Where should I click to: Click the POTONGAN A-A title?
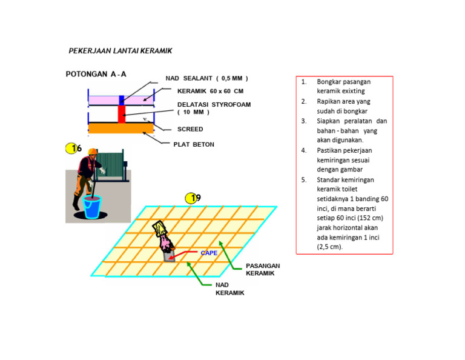pyautogui.click(x=96, y=74)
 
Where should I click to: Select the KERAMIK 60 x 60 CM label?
pyautogui.click(x=210, y=92)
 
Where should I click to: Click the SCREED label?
pyautogui.click(x=190, y=129)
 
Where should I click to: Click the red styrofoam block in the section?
pyautogui.click(x=122, y=113)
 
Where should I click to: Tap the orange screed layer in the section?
pyautogui.click(x=120, y=128)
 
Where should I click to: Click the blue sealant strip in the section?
pyautogui.click(x=122, y=99)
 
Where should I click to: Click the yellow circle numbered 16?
pyautogui.click(x=73, y=148)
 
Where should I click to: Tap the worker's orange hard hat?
pyautogui.click(x=92, y=151)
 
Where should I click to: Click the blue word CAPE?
pyautogui.click(x=209, y=253)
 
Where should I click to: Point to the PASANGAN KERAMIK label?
pyautogui.click(x=263, y=270)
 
